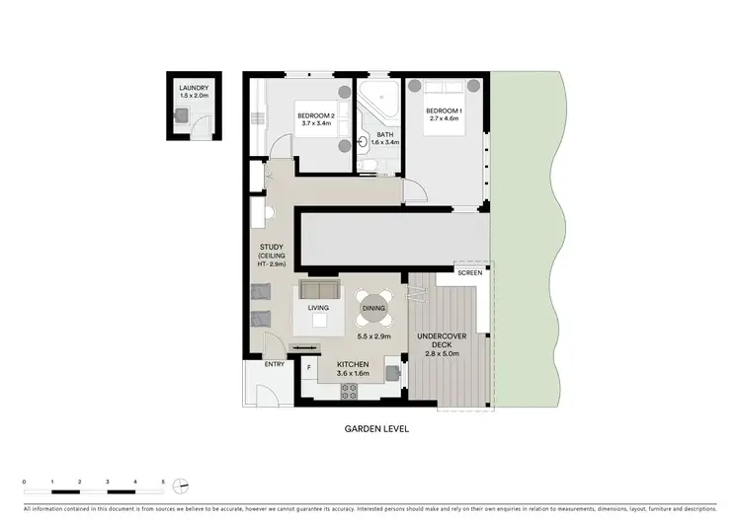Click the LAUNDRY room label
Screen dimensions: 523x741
tap(194, 88)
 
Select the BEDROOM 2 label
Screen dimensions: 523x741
tap(317, 115)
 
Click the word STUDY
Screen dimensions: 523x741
tap(273, 247)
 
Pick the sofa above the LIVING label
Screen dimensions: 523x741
tap(318, 289)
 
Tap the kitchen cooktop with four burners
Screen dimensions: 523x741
tap(349, 390)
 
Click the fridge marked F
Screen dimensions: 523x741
tap(309, 369)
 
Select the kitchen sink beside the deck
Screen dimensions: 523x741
tap(394, 374)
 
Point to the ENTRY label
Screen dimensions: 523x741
tap(274, 365)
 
